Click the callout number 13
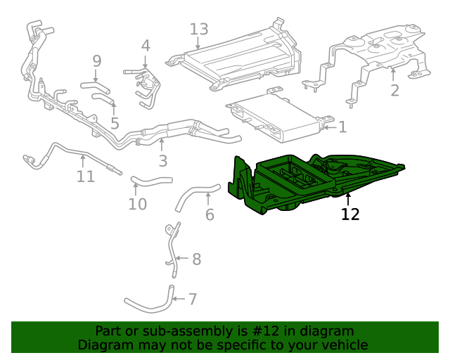[199, 30]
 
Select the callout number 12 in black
[350, 214]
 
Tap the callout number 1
[342, 127]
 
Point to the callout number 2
[394, 90]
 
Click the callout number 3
[162, 161]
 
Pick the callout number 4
[146, 46]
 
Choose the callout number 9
[97, 61]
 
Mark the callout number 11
[85, 176]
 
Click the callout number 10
[138, 204]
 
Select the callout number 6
[210, 214]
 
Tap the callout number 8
[196, 259]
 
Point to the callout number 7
[192, 300]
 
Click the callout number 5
[115, 124]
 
